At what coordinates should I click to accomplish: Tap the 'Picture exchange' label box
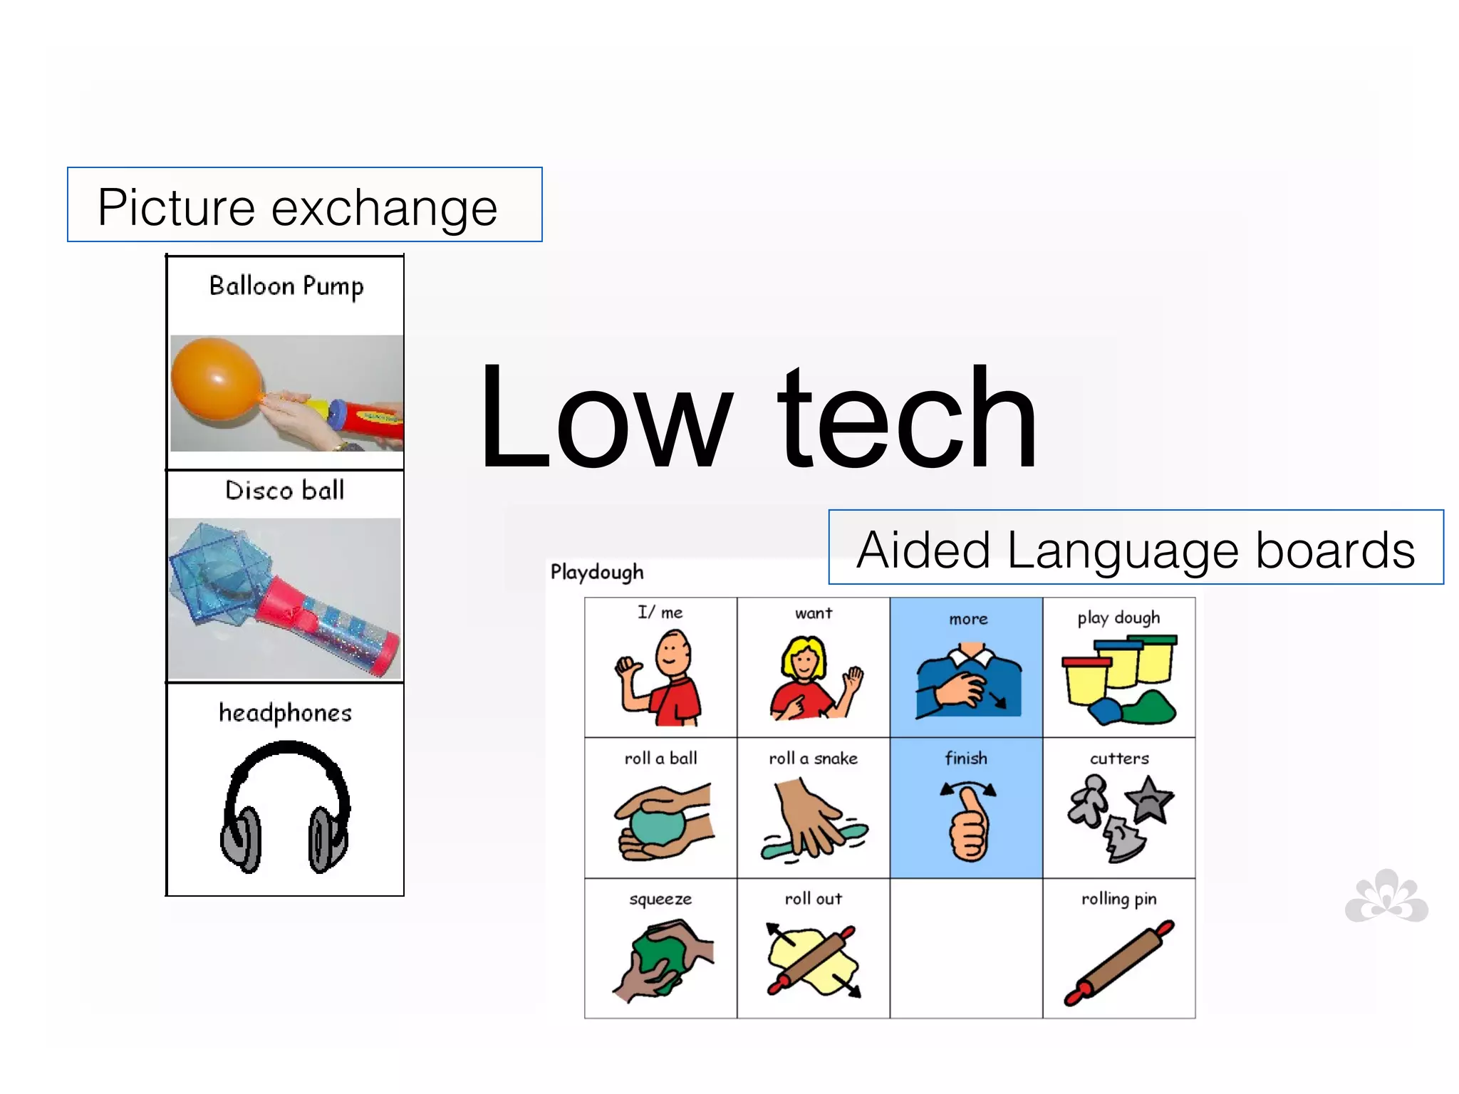click(304, 205)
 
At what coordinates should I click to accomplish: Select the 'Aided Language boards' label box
click(1136, 548)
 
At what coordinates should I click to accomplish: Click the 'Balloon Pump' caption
click(286, 286)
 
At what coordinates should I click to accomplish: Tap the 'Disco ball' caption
click(285, 490)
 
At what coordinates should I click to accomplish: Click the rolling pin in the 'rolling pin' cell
click(1118, 962)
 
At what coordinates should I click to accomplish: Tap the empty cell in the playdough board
click(966, 948)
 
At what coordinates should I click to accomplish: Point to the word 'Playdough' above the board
click(597, 572)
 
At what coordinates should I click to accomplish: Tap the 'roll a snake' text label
click(813, 759)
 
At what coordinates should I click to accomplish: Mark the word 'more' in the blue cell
click(968, 619)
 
